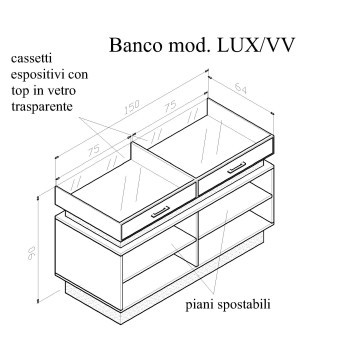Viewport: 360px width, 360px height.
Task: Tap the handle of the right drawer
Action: [x=236, y=169]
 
